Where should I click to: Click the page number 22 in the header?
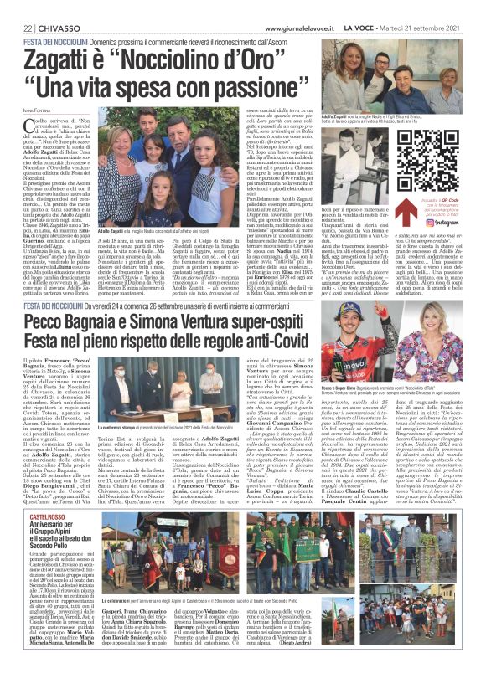coord(16,28)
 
